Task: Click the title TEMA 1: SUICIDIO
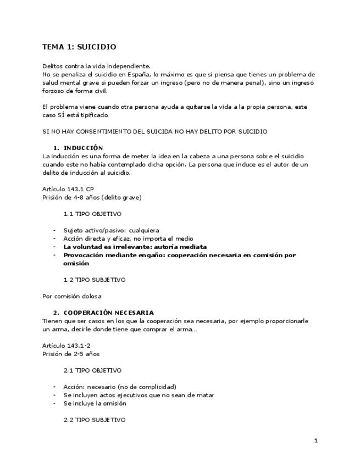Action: (x=79, y=47)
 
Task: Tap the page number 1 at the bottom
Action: (x=316, y=441)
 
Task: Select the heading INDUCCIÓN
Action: (x=83, y=148)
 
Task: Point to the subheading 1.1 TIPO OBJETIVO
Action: (x=92, y=214)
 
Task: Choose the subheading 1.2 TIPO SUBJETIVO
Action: (x=95, y=280)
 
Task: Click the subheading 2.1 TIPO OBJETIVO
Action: (x=92, y=370)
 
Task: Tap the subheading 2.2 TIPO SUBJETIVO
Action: (x=95, y=420)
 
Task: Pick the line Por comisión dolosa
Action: (x=71, y=296)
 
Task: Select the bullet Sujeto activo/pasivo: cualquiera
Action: (x=111, y=230)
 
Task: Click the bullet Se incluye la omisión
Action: (x=95, y=403)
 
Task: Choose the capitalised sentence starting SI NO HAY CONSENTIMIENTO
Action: (x=155, y=132)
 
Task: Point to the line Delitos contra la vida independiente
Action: (x=96, y=66)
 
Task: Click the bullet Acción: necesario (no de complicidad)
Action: (x=119, y=387)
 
